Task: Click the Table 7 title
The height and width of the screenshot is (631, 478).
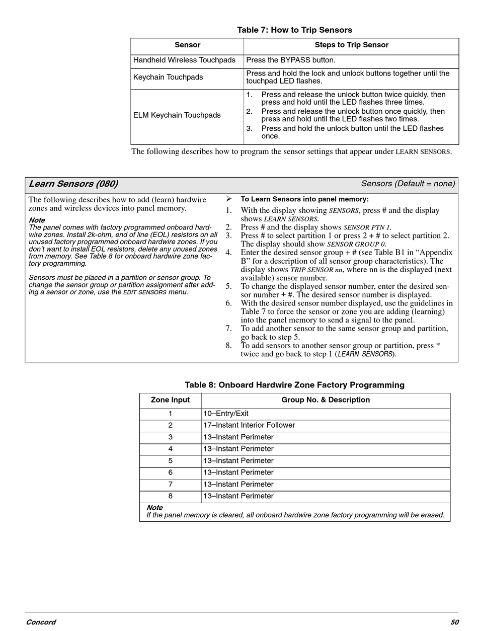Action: coord(294,30)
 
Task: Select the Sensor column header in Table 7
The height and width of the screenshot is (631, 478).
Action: coord(187,45)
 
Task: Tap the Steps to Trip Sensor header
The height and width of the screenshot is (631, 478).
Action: coord(351,45)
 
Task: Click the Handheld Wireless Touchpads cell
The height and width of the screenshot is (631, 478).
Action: coord(184,60)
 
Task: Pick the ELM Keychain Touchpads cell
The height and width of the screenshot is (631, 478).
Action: coord(177,115)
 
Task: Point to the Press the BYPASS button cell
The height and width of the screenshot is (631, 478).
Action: coord(291,60)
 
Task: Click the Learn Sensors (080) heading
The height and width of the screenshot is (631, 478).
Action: coord(73,184)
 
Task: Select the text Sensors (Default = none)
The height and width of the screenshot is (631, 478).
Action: coord(408,184)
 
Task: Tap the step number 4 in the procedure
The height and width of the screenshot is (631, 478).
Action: coord(228,253)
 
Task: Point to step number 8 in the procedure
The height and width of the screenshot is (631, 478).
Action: coord(228,346)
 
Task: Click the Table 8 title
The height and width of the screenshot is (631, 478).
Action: coord(294,385)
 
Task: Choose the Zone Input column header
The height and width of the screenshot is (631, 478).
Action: coord(170,401)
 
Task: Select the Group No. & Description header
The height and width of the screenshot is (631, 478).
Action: coord(326,401)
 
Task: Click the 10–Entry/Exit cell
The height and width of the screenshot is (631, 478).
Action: coord(226,414)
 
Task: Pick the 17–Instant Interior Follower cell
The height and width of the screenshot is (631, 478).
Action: coord(249,426)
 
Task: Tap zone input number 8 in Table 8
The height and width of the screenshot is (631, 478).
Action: coord(170,497)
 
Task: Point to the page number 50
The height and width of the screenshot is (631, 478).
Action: coord(454,622)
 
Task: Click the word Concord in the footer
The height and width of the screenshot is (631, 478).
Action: coord(41,622)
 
